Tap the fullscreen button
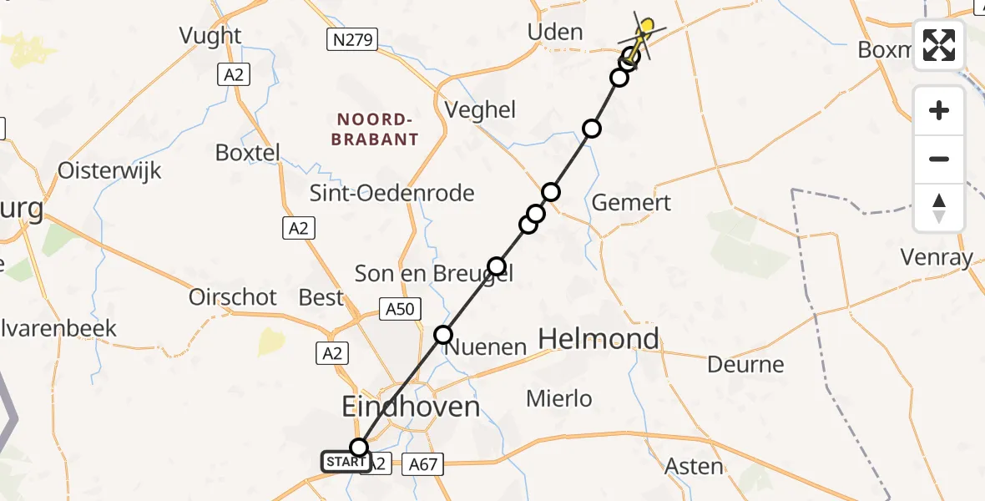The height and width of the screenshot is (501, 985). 939,45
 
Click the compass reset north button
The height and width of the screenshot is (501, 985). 939,208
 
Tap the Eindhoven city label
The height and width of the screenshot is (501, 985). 412,407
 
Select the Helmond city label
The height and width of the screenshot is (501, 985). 599,339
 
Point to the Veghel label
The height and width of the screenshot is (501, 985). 481,109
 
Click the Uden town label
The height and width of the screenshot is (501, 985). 555,33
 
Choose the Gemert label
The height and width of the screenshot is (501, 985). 631,202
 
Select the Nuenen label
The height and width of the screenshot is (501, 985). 485,347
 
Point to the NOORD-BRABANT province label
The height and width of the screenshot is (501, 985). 375,129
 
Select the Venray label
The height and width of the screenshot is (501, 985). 937,257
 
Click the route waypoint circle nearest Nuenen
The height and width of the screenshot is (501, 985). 443,335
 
